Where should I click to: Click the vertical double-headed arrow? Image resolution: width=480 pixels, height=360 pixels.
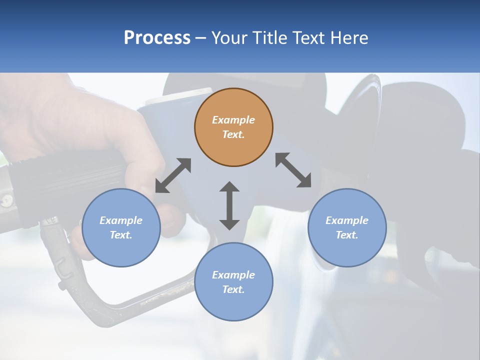click(229, 205)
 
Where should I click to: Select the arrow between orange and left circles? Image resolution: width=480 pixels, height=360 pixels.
click(173, 175)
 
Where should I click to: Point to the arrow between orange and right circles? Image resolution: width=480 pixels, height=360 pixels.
click(293, 170)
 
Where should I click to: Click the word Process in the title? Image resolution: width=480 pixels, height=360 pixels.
click(157, 37)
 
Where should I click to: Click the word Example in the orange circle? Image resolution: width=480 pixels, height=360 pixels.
click(233, 120)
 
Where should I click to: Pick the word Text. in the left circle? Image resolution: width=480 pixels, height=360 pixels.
click(121, 235)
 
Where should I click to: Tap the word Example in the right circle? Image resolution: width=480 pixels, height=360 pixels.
click(347, 220)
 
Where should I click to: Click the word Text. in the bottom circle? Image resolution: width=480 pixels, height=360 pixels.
click(233, 289)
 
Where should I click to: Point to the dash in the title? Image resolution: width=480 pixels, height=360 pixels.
click(200, 38)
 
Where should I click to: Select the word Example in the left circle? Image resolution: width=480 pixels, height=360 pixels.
click(121, 220)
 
